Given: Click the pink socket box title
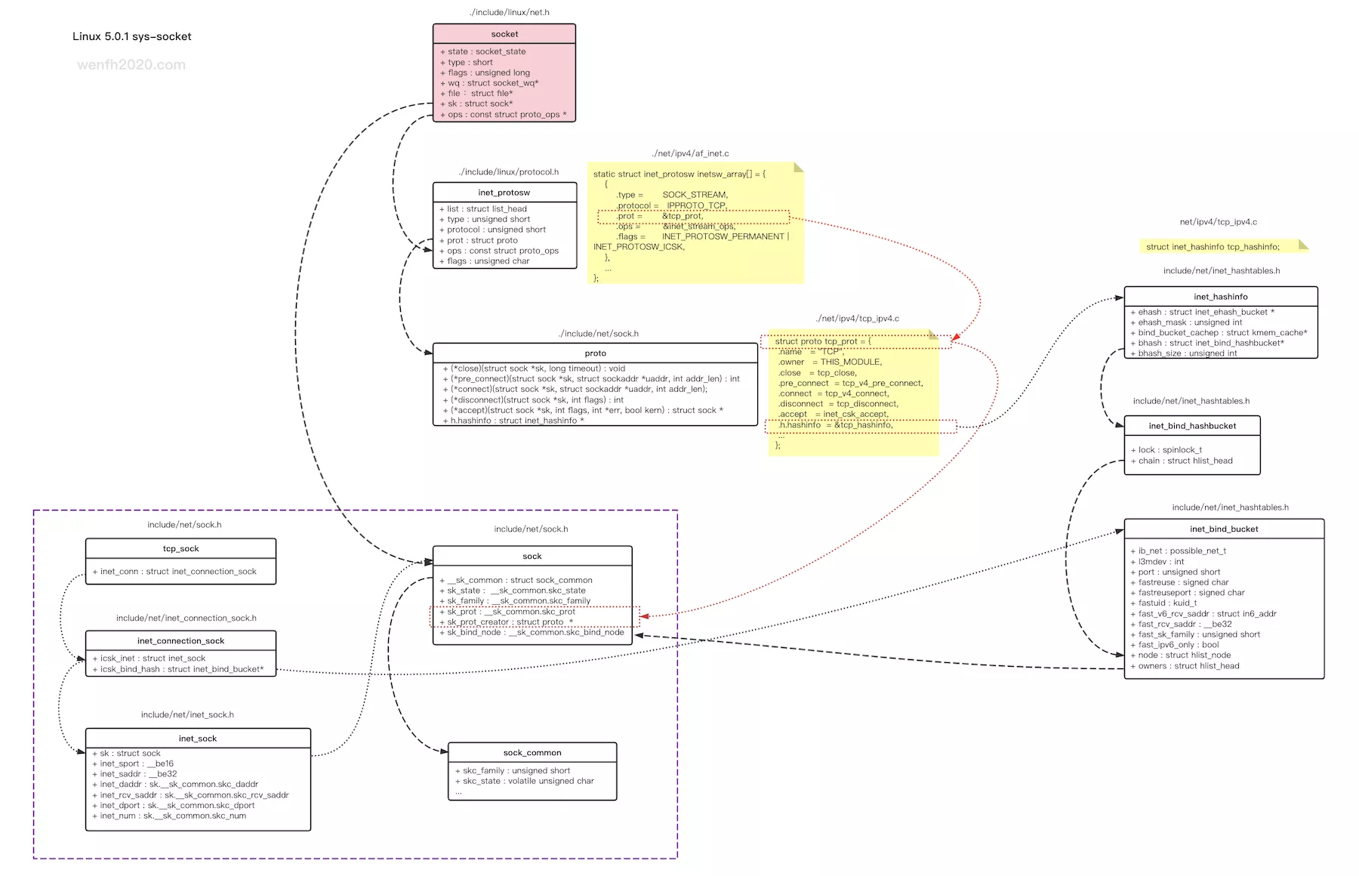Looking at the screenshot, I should [x=504, y=34].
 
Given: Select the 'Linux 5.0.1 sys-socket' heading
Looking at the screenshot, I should [x=132, y=36].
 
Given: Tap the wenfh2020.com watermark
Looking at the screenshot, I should [x=131, y=65].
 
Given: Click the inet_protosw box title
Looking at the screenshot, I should [x=504, y=193].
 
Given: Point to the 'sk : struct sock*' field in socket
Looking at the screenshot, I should [x=480, y=103].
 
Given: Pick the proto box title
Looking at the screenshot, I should [x=595, y=353].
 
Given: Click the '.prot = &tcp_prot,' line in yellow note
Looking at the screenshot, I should [x=660, y=216].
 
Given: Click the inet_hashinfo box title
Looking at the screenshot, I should [x=1220, y=297].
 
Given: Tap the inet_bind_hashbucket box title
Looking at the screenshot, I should [x=1192, y=426].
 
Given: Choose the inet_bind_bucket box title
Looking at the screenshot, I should [x=1223, y=529].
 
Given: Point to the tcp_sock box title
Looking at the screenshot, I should [x=180, y=549].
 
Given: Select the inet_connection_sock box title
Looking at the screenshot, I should [x=180, y=641].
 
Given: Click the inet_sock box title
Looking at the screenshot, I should [x=198, y=739].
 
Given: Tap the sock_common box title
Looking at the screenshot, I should [x=532, y=753].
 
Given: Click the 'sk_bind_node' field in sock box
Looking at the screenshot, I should [x=535, y=633].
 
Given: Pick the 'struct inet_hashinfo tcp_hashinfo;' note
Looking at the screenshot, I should [x=1213, y=247].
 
